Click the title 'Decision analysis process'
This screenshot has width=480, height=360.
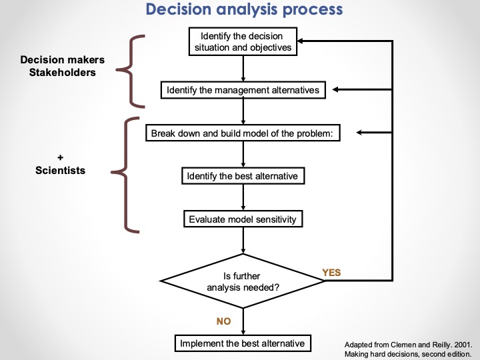pyautogui.click(x=244, y=10)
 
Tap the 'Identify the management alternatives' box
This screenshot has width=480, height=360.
pyautogui.click(x=244, y=90)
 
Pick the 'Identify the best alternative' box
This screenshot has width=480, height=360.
pyautogui.click(x=243, y=176)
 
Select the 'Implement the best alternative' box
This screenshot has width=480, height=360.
pyautogui.click(x=243, y=343)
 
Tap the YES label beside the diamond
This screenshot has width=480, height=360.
pyautogui.click(x=331, y=272)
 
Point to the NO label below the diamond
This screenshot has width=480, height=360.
pyautogui.click(x=223, y=321)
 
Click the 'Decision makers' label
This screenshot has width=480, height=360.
pyautogui.click(x=62, y=60)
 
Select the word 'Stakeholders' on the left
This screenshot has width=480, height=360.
pyautogui.click(x=62, y=72)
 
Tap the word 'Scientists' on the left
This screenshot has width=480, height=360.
pyautogui.click(x=60, y=170)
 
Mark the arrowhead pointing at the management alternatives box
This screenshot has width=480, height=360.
pyautogui.click(x=336, y=90)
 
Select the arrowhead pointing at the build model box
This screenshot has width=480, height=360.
pyautogui.click(x=361, y=133)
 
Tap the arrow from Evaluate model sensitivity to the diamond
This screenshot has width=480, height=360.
pyautogui.click(x=244, y=240)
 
